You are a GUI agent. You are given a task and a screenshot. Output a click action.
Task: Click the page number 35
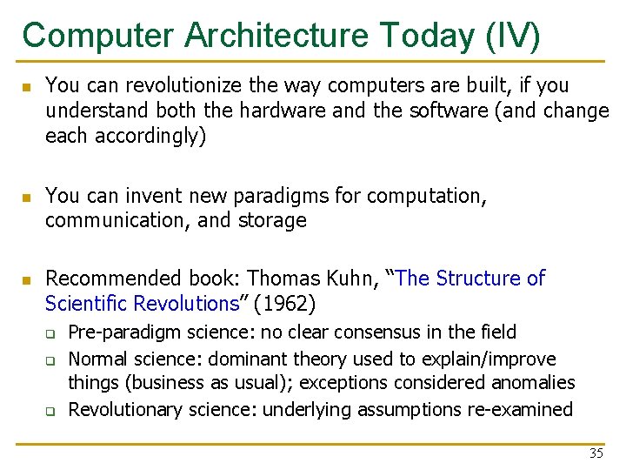(596, 453)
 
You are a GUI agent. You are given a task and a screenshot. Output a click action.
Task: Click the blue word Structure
(478, 279)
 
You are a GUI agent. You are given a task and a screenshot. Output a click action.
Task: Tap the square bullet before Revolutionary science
(50, 410)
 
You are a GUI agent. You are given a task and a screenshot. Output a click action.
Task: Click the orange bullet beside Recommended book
(27, 279)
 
